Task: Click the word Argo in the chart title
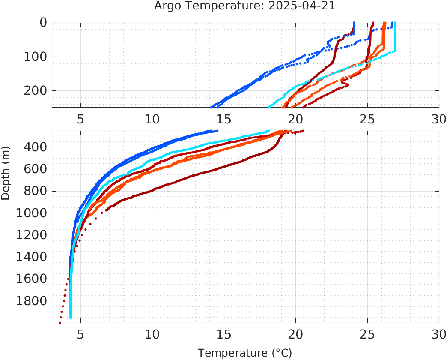coord(166,6)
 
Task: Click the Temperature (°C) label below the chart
coord(244,353)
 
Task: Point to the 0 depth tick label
coord(43,22)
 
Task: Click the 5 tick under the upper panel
coord(80,119)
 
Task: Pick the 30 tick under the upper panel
coord(439,119)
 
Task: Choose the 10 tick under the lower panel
coord(152,335)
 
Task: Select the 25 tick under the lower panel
coord(367,335)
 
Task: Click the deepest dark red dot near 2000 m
coord(60,322)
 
